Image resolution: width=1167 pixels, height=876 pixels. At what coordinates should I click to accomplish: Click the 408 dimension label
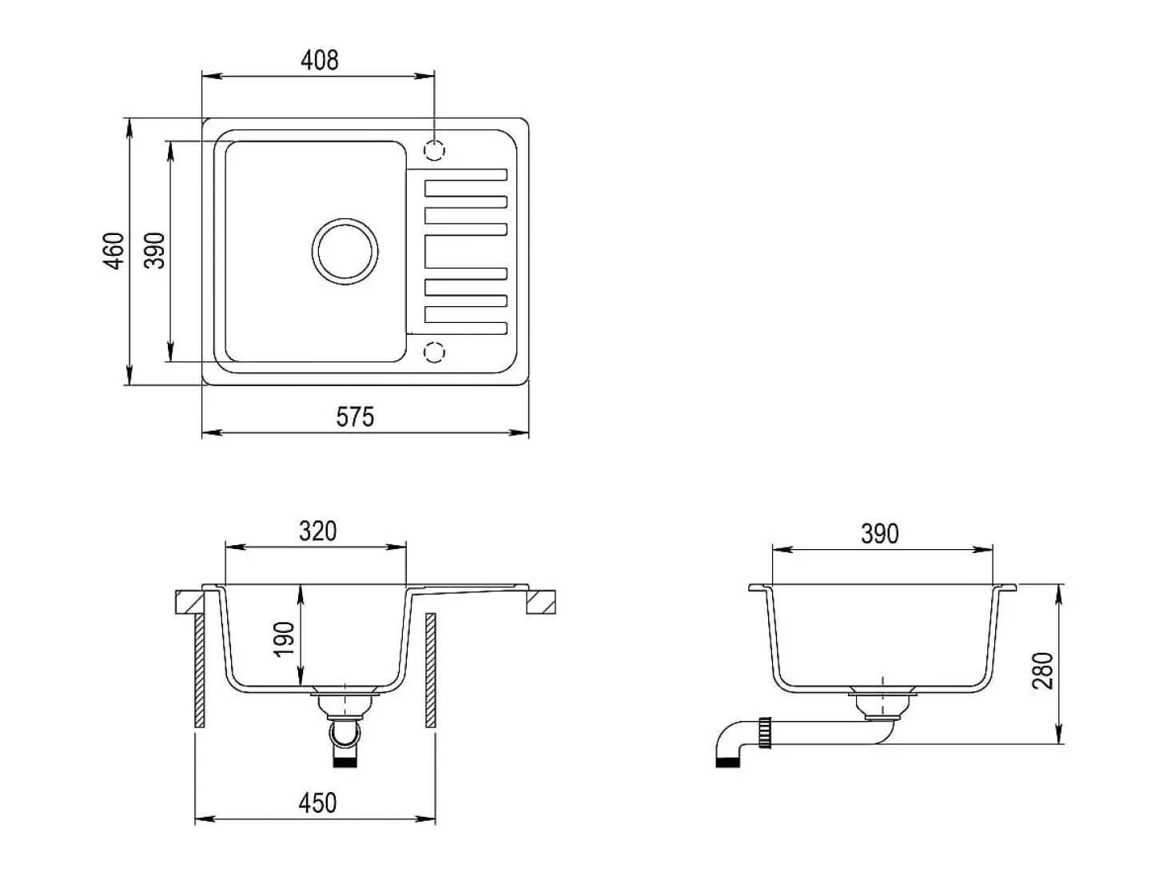click(319, 61)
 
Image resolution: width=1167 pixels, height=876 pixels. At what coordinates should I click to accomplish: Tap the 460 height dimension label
click(114, 251)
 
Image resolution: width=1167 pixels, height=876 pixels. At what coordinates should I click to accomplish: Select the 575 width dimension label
click(355, 416)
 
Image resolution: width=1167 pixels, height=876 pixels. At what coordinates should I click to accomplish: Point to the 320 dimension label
click(317, 531)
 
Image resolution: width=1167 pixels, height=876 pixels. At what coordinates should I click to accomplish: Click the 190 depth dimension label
click(285, 639)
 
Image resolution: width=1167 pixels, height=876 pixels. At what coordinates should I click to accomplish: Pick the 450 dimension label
click(317, 802)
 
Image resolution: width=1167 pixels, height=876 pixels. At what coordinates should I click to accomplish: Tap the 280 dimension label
click(1042, 671)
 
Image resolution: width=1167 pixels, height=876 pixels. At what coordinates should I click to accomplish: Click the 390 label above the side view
click(880, 534)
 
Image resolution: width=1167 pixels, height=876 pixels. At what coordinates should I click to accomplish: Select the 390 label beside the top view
click(155, 250)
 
